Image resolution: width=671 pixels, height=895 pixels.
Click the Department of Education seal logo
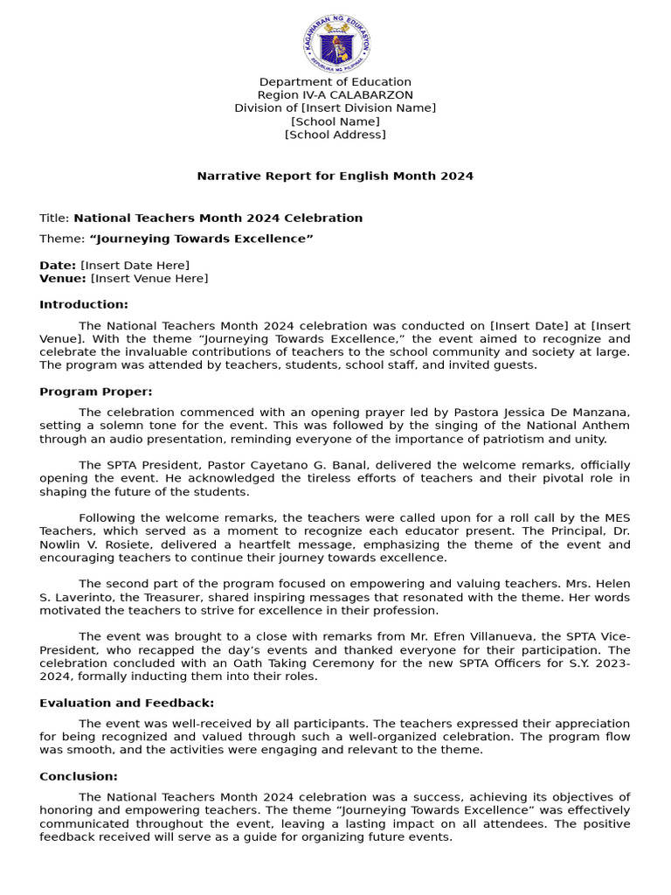[x=336, y=42]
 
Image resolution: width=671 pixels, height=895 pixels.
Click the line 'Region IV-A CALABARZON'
[x=335, y=95]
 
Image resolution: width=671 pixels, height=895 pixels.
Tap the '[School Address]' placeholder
[x=335, y=135]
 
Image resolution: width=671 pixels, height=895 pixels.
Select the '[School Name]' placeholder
[x=335, y=121]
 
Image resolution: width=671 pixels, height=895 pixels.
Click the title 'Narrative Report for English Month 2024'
[x=335, y=176]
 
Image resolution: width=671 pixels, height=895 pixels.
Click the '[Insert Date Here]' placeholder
[x=135, y=265]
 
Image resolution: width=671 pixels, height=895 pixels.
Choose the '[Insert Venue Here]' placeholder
[x=149, y=278]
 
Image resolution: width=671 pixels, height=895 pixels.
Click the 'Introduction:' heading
[x=84, y=304]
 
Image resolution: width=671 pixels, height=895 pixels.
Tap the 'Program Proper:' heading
[x=96, y=392]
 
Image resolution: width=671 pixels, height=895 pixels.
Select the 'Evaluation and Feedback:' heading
[x=127, y=703]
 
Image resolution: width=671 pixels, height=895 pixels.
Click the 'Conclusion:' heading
[x=79, y=776]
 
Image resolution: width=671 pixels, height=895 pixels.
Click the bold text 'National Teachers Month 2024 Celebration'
[x=218, y=218]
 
